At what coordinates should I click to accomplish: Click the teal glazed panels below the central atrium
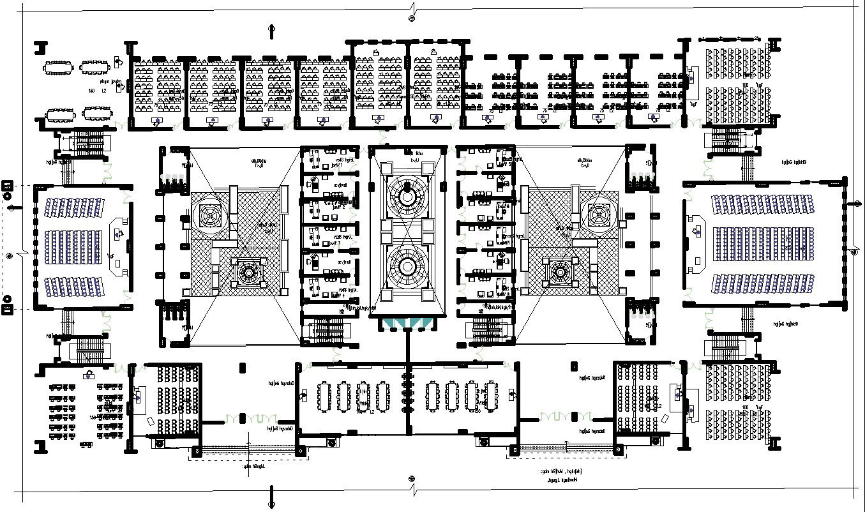pos(407,324)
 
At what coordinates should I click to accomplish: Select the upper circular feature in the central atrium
pos(407,191)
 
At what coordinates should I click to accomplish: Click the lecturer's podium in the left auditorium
pos(118,234)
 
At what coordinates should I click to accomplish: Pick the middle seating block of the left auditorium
pos(73,245)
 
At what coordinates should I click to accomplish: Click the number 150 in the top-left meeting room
pos(91,91)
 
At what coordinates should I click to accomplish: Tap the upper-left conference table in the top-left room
pos(58,67)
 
